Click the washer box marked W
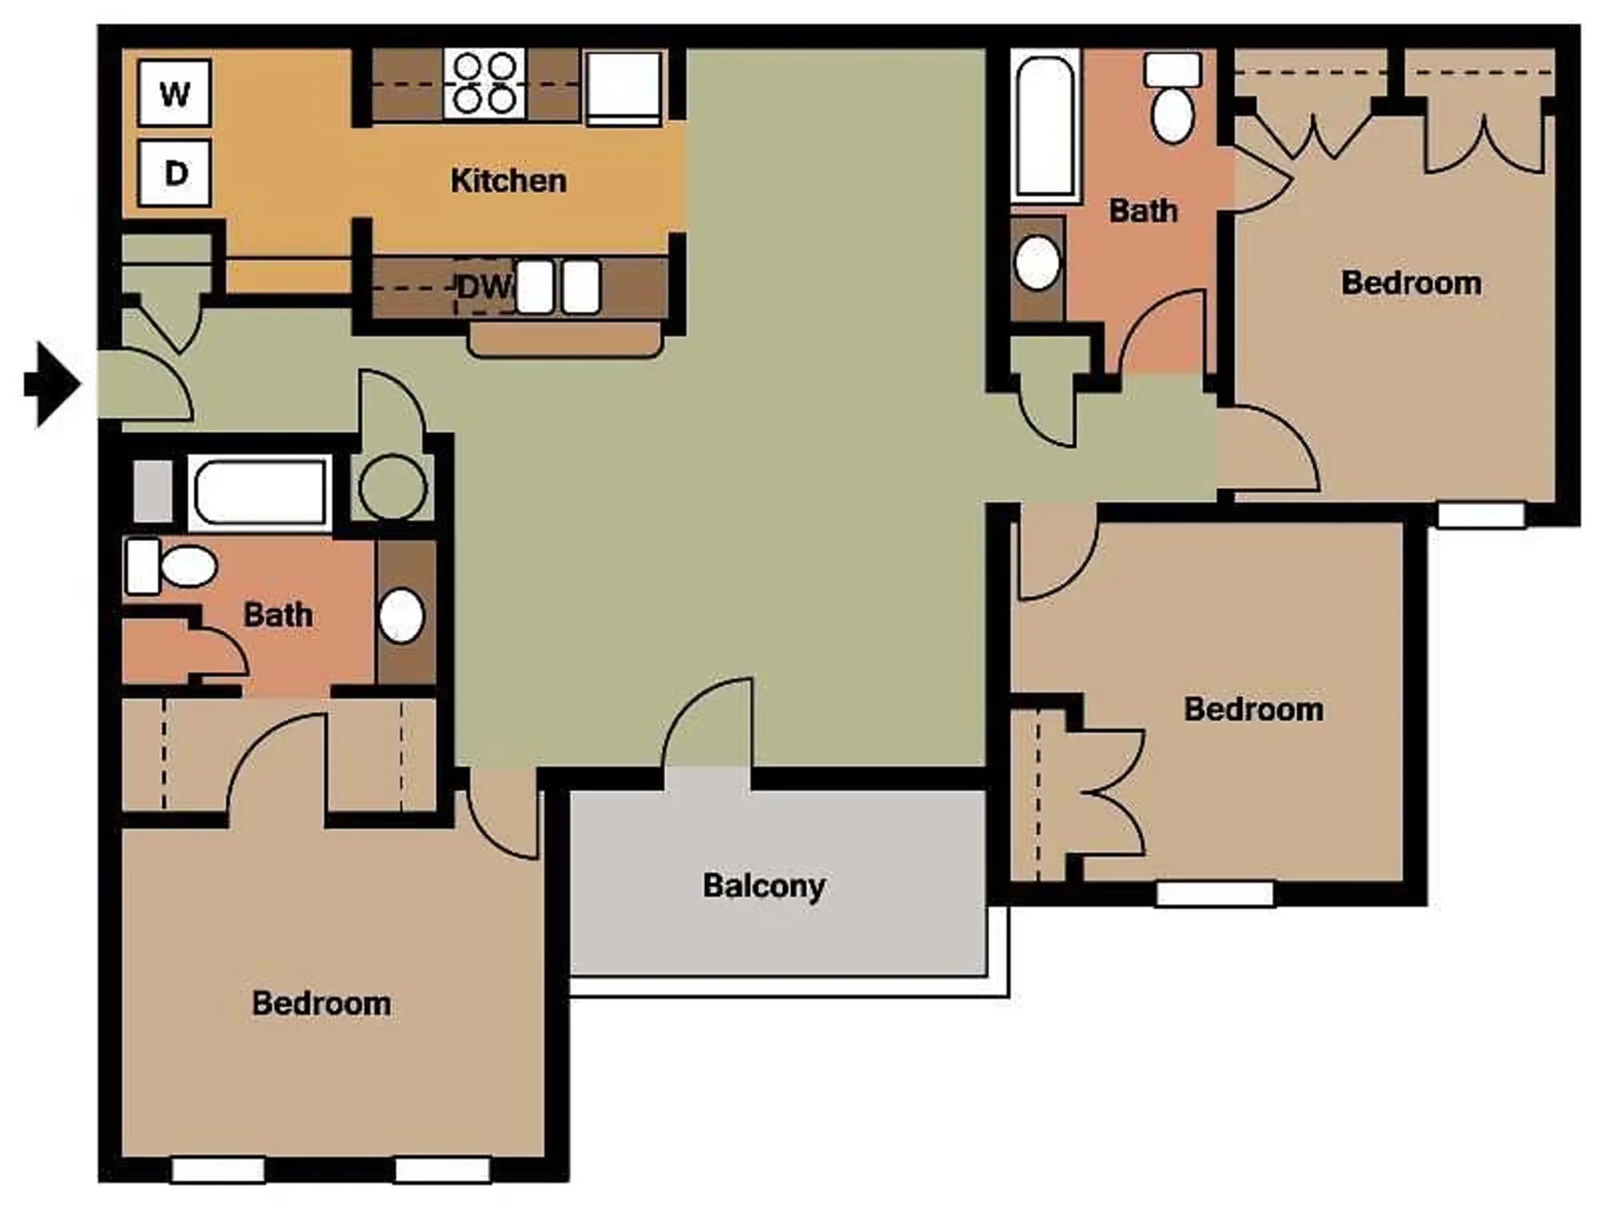[x=175, y=93]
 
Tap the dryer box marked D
[x=175, y=173]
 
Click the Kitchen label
[x=508, y=181]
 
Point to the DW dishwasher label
[x=484, y=287]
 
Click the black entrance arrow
[x=53, y=384]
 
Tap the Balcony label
[x=764, y=886]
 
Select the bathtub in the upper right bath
[x=1045, y=126]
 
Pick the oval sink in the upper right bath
[x=1037, y=263]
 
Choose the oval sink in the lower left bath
[x=401, y=616]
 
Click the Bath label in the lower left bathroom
[x=278, y=615]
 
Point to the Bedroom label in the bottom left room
[x=321, y=1003]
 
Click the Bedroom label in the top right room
[x=1410, y=283]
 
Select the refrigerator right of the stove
[x=624, y=87]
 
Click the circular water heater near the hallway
[x=392, y=487]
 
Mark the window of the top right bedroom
[x=1481, y=515]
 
